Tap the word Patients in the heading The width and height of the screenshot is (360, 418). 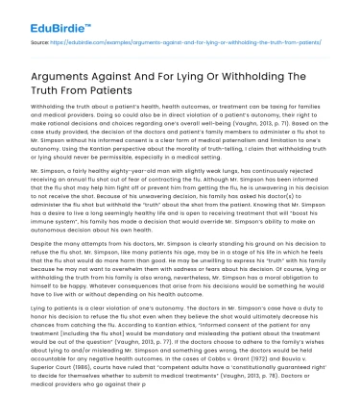(77, 96)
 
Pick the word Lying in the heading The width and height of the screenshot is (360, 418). (197, 80)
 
